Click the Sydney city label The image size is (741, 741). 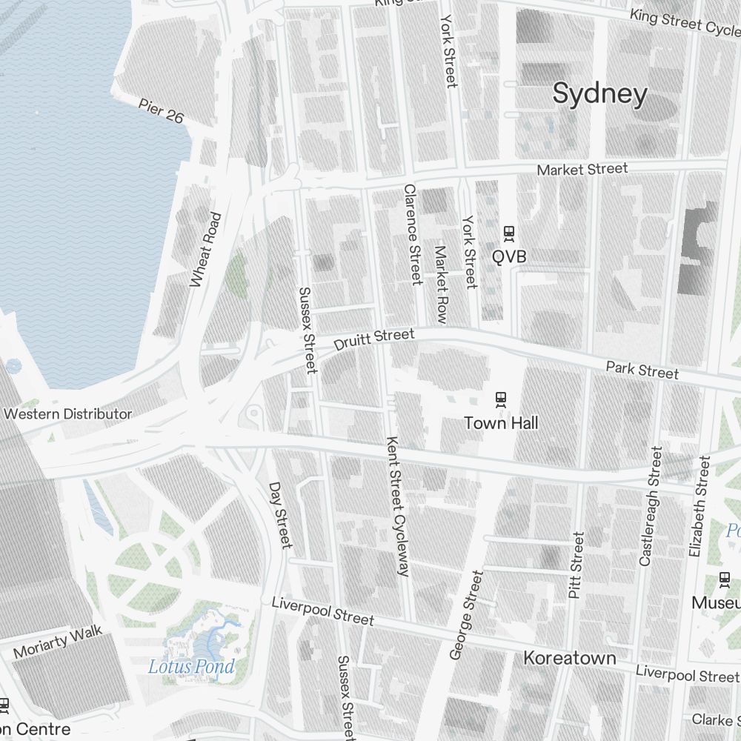pos(600,94)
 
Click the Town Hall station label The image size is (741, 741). pos(501,423)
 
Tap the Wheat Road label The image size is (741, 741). pos(205,250)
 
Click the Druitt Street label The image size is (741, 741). pos(373,340)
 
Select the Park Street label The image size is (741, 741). pos(642,370)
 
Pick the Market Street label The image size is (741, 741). pos(582,170)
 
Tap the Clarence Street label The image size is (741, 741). pos(412,234)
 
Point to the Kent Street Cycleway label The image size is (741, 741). pos(397,506)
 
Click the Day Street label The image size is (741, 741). pos(281,516)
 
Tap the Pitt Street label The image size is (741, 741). pos(576,565)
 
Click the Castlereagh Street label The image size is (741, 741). pos(650,506)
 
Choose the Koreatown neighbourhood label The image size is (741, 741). pos(569,658)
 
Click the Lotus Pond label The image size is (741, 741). pos(191,666)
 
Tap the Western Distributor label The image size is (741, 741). pos(67,413)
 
